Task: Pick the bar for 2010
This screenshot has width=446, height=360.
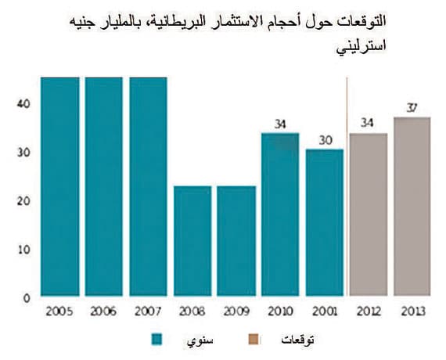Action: [280, 214]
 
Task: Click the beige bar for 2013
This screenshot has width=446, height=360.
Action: [412, 207]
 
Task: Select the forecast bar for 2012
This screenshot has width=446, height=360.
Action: [368, 215]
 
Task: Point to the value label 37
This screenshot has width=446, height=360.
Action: [412, 107]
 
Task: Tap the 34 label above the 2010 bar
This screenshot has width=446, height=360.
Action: [280, 123]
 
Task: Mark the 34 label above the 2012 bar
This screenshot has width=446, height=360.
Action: [368, 123]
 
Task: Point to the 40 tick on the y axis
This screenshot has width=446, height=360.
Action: [23, 103]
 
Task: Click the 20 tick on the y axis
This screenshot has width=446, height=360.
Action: [23, 201]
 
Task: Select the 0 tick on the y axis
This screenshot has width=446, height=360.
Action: [26, 298]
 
